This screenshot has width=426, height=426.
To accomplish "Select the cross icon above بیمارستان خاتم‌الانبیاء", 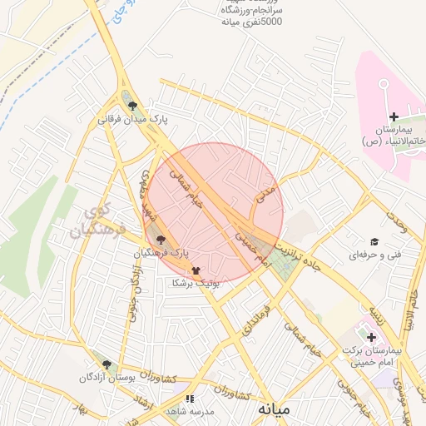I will [x=394, y=116].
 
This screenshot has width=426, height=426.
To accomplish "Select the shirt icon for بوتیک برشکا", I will [x=196, y=270].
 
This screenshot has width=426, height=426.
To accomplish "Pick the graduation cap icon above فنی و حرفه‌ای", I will [x=374, y=240].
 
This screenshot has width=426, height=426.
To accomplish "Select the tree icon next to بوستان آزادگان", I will [x=106, y=364].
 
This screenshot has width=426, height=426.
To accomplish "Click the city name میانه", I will [x=274, y=409].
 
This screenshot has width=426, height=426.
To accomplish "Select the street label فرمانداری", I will [x=255, y=320].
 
